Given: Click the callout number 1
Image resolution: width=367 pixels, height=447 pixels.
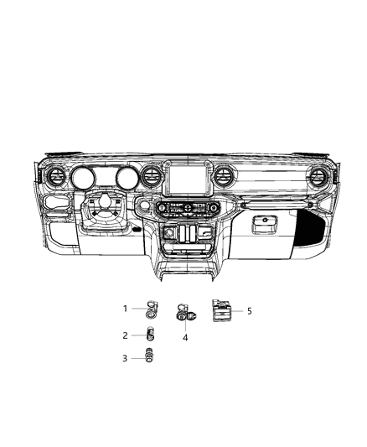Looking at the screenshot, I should tap(126, 308).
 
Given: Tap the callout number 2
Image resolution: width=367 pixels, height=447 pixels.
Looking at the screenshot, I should tap(126, 335).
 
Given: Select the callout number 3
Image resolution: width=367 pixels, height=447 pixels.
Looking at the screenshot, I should tap(126, 358).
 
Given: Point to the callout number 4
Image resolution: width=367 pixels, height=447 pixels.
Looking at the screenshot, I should tap(185, 337).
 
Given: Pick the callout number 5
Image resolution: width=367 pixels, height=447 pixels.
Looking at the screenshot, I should tap(249, 310).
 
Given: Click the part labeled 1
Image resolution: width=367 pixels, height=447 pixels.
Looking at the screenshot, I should tap(152, 309).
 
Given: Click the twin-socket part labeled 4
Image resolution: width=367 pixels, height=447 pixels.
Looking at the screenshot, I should tap(184, 315).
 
